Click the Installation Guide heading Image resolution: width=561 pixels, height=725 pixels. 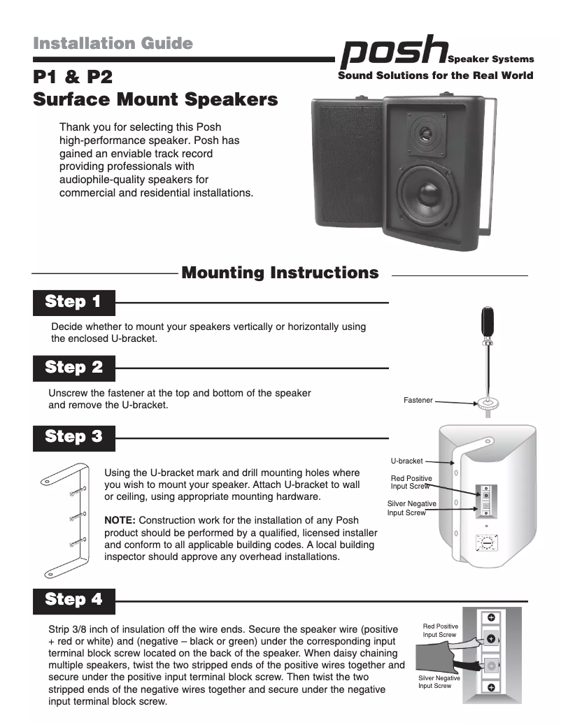click(113, 43)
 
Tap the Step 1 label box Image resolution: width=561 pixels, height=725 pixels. click(73, 302)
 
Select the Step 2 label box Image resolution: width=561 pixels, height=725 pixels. click(73, 367)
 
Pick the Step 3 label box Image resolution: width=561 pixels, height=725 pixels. click(73, 437)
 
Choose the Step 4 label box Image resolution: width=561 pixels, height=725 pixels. click(73, 600)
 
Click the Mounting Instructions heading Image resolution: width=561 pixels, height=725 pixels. click(280, 273)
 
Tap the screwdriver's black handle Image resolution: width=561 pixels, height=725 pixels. click(487, 322)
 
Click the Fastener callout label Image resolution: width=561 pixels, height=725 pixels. click(418, 401)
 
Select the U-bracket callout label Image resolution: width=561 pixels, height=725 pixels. click(406, 461)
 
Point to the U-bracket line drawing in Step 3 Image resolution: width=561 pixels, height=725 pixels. click(66, 517)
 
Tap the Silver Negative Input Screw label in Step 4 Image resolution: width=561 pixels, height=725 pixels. click(439, 682)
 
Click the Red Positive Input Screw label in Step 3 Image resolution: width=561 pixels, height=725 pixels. click(411, 482)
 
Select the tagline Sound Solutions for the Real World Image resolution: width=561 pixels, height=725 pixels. click(435, 76)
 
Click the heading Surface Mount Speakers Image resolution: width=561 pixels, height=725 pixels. click(155, 100)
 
